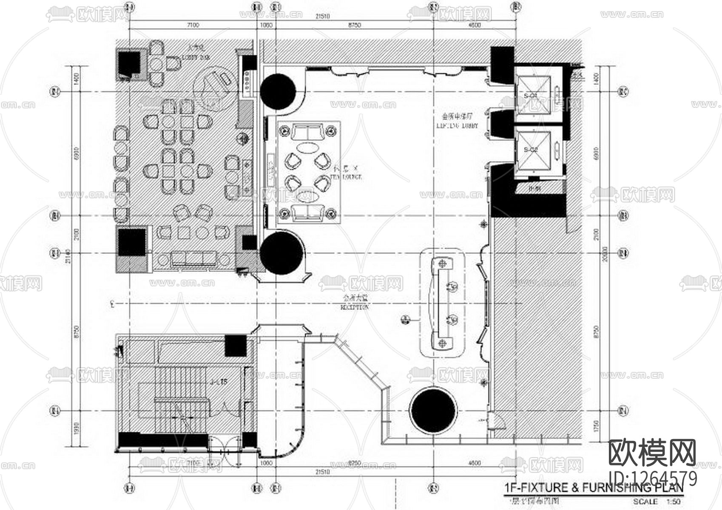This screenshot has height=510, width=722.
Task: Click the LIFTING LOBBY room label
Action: [457, 126]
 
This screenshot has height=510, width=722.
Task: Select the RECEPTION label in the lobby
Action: [354, 307]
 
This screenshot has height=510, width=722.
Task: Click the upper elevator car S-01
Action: [533, 95]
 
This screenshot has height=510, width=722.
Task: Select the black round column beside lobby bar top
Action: [278, 91]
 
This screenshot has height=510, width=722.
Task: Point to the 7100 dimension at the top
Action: [192, 25]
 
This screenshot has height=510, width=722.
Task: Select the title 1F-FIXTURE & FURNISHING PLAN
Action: [594, 487]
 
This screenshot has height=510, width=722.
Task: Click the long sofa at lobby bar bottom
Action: [193, 259]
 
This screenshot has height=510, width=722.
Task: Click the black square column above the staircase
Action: [235, 346]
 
